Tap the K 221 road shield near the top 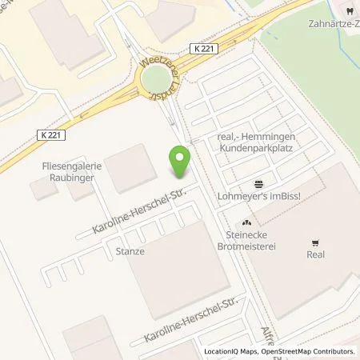coord(203,49)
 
